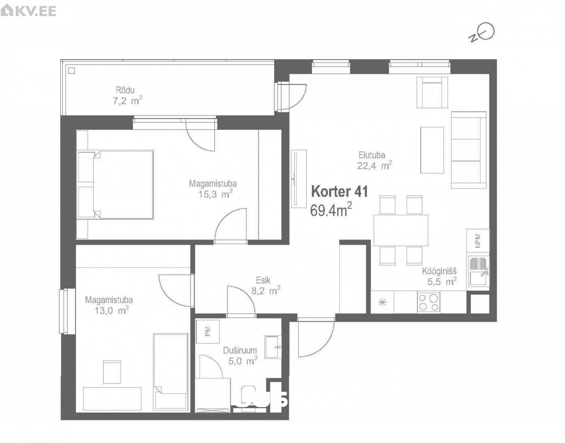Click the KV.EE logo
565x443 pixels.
(28, 11)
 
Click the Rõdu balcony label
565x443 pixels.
(125, 90)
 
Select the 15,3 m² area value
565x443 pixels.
(215, 194)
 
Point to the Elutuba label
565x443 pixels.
(372, 155)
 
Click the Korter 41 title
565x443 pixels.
(340, 191)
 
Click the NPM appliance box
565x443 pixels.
(478, 241)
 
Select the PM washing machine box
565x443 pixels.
(208, 332)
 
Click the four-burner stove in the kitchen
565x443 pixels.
(429, 302)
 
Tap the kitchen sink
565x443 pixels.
(479, 271)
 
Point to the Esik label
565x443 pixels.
(263, 280)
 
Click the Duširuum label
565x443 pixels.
(240, 350)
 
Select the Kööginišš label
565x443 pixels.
(439, 271)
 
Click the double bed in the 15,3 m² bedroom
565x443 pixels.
(115, 185)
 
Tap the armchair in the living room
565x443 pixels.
(432, 92)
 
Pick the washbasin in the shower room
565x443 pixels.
(273, 347)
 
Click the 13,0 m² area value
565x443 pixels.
(112, 311)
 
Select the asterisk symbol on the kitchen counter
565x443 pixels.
(382, 302)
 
